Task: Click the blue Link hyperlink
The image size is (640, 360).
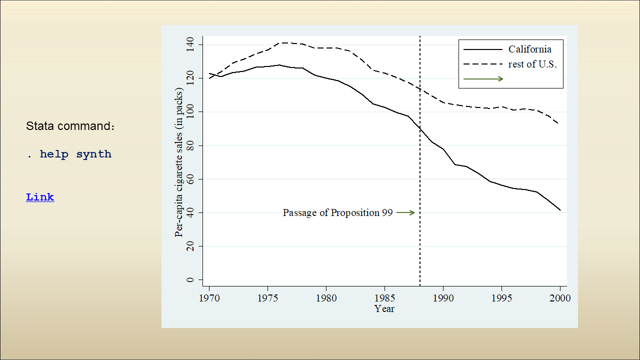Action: (x=40, y=197)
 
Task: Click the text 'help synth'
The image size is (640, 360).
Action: (x=75, y=154)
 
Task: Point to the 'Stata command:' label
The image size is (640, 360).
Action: (x=70, y=126)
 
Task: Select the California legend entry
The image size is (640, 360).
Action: (x=529, y=49)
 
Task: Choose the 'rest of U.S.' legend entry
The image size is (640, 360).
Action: (x=532, y=64)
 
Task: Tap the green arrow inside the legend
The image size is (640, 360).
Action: (x=483, y=78)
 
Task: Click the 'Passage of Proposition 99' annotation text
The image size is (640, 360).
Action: (x=337, y=212)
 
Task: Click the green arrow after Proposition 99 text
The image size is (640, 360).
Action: (x=405, y=212)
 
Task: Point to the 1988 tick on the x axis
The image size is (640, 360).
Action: (x=419, y=286)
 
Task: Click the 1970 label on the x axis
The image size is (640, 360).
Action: (x=209, y=298)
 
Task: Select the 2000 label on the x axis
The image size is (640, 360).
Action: (x=560, y=298)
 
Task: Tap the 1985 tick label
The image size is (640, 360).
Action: (x=384, y=298)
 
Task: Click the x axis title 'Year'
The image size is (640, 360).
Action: (x=384, y=309)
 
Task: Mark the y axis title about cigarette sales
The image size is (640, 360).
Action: (x=179, y=162)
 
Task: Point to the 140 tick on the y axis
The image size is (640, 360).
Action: (x=190, y=45)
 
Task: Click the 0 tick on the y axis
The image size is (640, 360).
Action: (x=190, y=280)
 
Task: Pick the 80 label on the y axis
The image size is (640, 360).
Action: (x=190, y=145)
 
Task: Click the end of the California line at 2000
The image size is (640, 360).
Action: (x=560, y=210)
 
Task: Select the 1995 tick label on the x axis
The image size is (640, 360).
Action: (x=501, y=298)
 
